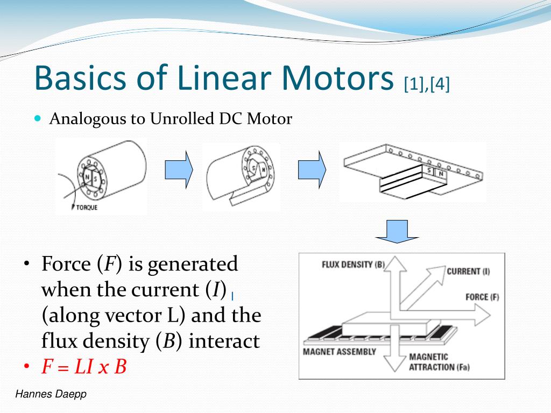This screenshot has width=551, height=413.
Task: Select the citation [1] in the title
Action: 413,84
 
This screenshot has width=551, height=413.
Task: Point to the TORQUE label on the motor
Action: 86,208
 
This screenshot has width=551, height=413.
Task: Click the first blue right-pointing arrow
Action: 178,169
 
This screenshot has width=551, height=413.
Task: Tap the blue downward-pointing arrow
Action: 397,230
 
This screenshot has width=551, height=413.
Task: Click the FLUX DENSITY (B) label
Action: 354,265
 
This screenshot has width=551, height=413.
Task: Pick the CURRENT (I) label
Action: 468,271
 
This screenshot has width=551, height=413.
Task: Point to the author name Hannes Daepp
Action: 51,395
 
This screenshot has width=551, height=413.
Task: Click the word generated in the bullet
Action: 192,265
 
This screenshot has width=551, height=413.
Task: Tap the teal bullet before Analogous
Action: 38,118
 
